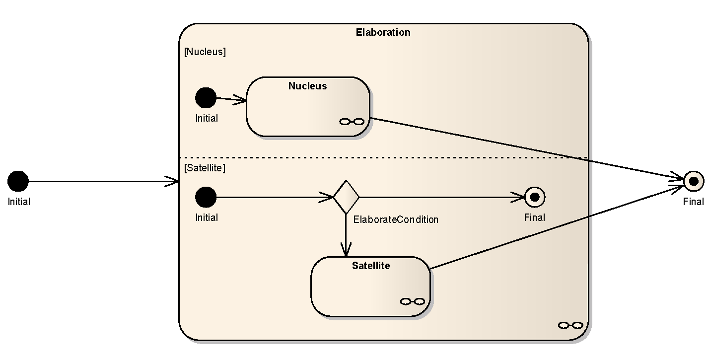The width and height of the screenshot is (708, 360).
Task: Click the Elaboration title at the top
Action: pyautogui.click(x=383, y=32)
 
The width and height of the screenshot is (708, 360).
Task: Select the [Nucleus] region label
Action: pyautogui.click(x=205, y=52)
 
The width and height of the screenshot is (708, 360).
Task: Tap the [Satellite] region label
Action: pyautogui.click(x=205, y=168)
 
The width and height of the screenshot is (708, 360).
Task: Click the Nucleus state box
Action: pyautogui.click(x=308, y=107)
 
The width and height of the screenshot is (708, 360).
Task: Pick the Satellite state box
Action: pyautogui.click(x=370, y=287)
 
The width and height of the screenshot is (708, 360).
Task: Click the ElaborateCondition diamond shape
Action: pyautogui.click(x=346, y=197)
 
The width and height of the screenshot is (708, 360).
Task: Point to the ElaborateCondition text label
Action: pyautogui.click(x=396, y=219)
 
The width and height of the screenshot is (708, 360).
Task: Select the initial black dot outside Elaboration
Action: pyautogui.click(x=18, y=181)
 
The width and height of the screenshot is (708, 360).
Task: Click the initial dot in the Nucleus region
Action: pyautogui.click(x=206, y=98)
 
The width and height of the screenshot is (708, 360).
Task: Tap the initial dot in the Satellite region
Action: pyautogui.click(x=206, y=197)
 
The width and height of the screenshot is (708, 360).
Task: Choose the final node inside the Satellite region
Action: pyautogui.click(x=535, y=197)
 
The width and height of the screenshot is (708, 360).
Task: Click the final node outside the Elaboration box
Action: pyautogui.click(x=694, y=181)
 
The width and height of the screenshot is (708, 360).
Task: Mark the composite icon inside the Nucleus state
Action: pyautogui.click(x=352, y=122)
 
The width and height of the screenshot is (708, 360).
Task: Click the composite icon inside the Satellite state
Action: pyautogui.click(x=413, y=301)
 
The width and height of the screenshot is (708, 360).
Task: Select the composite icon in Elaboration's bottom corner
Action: pyautogui.click(x=570, y=325)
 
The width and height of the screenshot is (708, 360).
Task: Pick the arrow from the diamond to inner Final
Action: pyautogui.click(x=442, y=197)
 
